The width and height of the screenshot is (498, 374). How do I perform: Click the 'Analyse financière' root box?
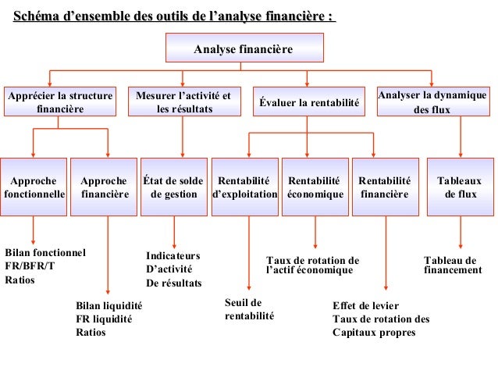pyautogui.click(x=243, y=50)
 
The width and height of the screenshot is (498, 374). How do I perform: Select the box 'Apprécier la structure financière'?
pyautogui.click(x=59, y=103)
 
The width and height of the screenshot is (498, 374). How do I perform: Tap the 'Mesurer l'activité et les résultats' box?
pyautogui.click(x=183, y=103)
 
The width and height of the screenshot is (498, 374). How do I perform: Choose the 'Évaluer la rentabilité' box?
pyautogui.click(x=308, y=103)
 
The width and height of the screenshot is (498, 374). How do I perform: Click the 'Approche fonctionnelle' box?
pyautogui.click(x=34, y=187)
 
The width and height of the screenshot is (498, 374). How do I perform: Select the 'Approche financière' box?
pyautogui.click(x=104, y=187)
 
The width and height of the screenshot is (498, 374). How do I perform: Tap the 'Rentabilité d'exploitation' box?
pyautogui.click(x=244, y=187)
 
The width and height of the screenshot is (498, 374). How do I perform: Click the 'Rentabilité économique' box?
pyautogui.click(x=315, y=187)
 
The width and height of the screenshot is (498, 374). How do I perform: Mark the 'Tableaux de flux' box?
pyautogui.click(x=460, y=187)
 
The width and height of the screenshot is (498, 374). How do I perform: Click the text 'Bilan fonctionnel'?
pyautogui.click(x=44, y=253)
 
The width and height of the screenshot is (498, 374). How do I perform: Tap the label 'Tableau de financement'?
pyautogui.click(x=452, y=265)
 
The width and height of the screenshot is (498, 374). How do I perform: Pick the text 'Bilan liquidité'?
pyautogui.click(x=108, y=305)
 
